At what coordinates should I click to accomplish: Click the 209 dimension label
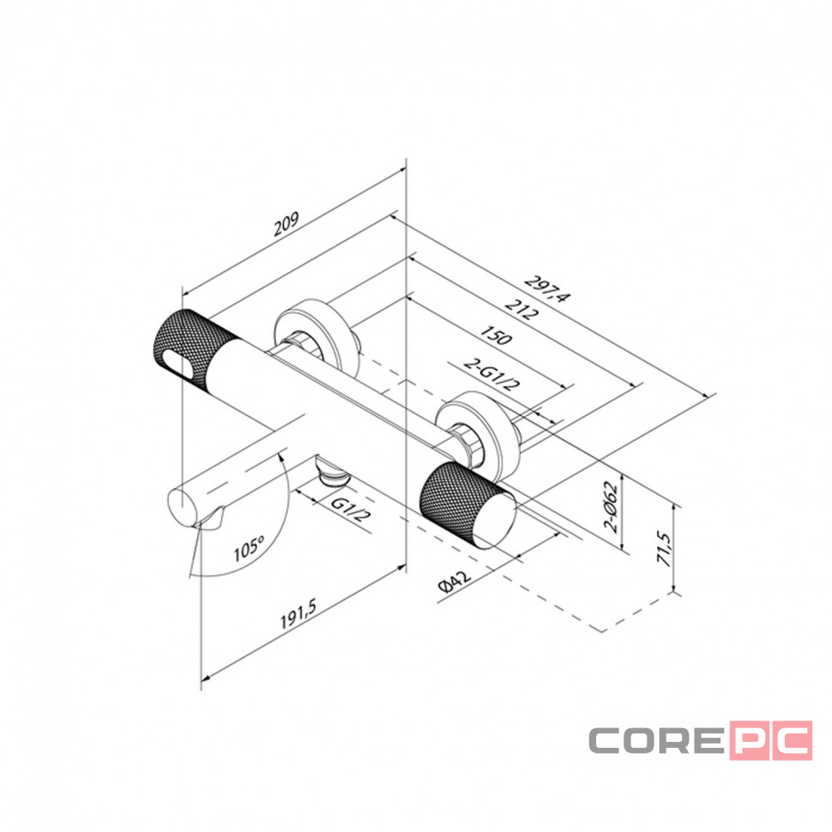286,224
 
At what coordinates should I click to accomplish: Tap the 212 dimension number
521,310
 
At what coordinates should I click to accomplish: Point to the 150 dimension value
496,335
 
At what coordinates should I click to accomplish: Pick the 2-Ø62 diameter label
612,506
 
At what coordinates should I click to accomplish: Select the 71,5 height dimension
665,548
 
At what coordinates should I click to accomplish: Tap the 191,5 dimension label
298,613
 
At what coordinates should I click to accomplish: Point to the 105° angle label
249,549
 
